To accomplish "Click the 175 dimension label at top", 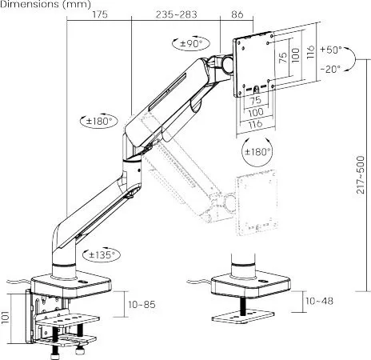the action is tap(100, 14).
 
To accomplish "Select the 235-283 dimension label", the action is tap(177, 14).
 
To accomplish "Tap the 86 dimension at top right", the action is tap(237, 14).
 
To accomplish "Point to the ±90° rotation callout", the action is tap(191, 43).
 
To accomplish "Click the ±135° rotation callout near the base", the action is tap(102, 255).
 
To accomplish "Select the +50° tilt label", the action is tap(331, 50).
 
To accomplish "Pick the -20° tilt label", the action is tap(330, 69).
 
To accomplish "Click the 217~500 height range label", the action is tap(361, 174).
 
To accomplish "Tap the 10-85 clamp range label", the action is tap(142, 304).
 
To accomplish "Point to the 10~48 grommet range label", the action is tap(319, 301).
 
